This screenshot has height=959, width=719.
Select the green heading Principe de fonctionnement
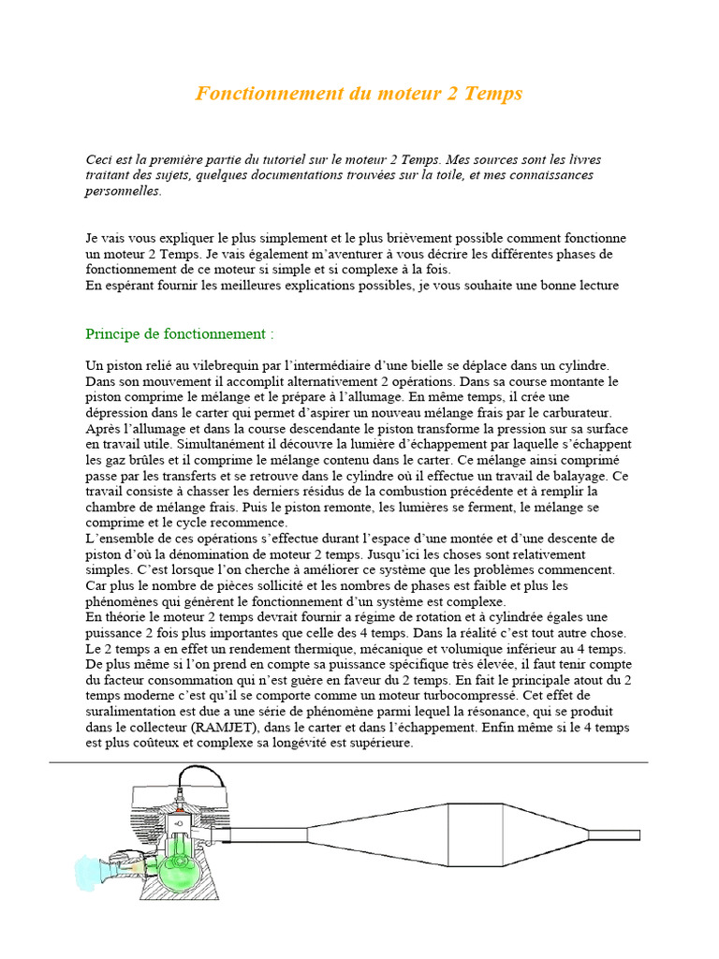point(180,334)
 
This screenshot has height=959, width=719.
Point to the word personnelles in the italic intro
point(123,190)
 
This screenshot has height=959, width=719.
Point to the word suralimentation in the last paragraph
point(130,712)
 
